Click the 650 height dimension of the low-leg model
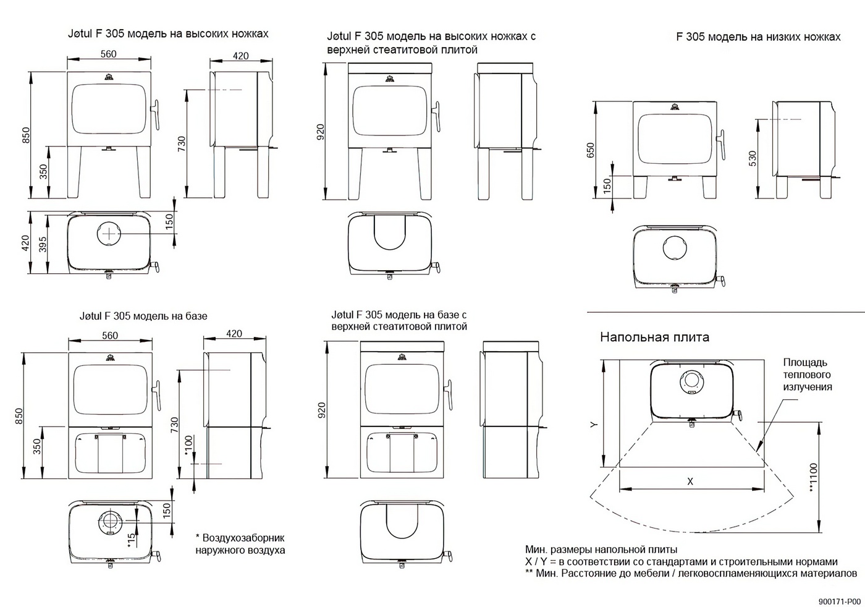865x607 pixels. pos(590,149)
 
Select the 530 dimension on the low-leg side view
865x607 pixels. pos(752,158)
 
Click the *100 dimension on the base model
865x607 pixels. pos(188,444)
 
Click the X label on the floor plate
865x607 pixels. pos(690,482)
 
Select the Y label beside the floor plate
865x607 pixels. pos(594,425)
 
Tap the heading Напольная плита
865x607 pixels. pos(654,337)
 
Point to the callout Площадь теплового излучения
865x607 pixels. pos(807,375)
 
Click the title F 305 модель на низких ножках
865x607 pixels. pos(758,37)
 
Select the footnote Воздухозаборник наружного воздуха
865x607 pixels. pos(240,544)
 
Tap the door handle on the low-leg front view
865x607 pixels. pos(719,146)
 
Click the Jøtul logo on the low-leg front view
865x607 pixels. pos(673,108)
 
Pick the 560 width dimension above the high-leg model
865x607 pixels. pos(108,54)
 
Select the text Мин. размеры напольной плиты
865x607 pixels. pos(601,550)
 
